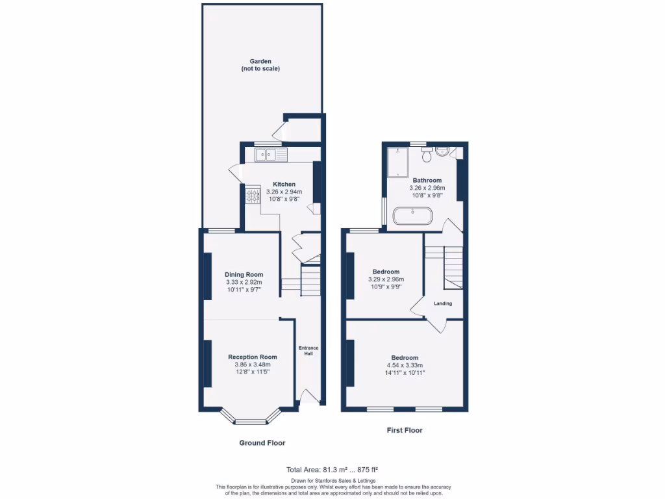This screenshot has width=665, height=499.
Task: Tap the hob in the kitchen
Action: [x=252, y=194]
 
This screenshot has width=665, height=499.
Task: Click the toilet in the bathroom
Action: [x=426, y=154]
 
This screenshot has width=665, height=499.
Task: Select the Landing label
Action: [x=443, y=303]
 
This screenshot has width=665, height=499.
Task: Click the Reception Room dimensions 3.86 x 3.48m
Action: [x=252, y=365]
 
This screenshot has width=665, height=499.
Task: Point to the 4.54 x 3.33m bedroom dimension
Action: [x=404, y=366]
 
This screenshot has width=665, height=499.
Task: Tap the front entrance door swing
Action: [x=310, y=396]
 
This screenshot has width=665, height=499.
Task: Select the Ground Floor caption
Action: [x=262, y=442]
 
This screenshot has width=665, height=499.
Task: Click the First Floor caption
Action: [x=404, y=430]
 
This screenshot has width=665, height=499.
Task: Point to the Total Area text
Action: [x=332, y=469]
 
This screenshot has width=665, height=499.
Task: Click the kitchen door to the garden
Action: [x=235, y=174]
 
